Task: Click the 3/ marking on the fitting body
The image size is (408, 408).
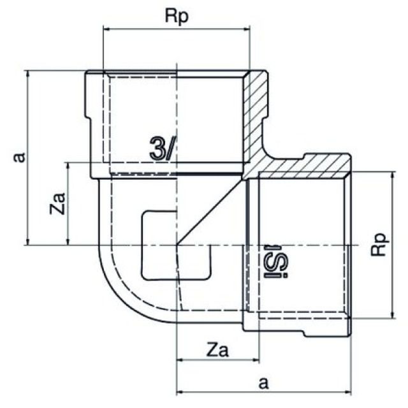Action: (163, 149)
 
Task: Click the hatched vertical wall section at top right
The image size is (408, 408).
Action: (258, 108)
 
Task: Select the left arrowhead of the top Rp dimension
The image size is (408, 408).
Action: (106, 29)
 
